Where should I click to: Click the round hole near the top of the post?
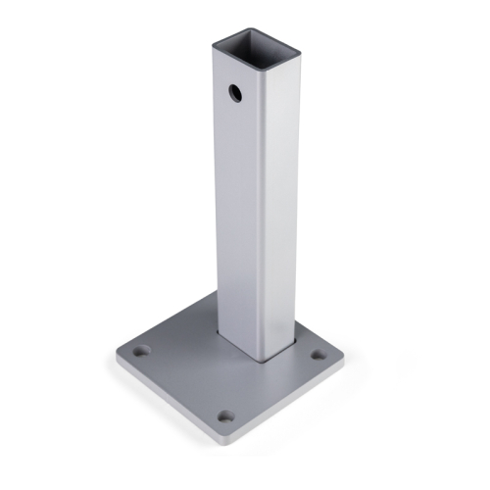(x=236, y=93)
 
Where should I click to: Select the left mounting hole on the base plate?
(x=142, y=350)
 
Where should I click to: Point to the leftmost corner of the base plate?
(x=117, y=357)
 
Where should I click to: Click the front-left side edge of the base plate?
(x=167, y=402)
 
